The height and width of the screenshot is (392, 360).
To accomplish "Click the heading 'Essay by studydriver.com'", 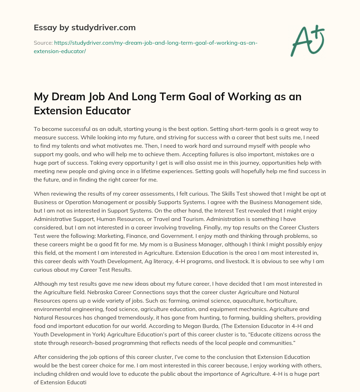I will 84,27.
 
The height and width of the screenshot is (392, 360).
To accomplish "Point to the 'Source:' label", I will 43,43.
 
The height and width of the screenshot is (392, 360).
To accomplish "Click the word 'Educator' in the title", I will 107,110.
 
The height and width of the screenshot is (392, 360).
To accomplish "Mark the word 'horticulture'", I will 259,301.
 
